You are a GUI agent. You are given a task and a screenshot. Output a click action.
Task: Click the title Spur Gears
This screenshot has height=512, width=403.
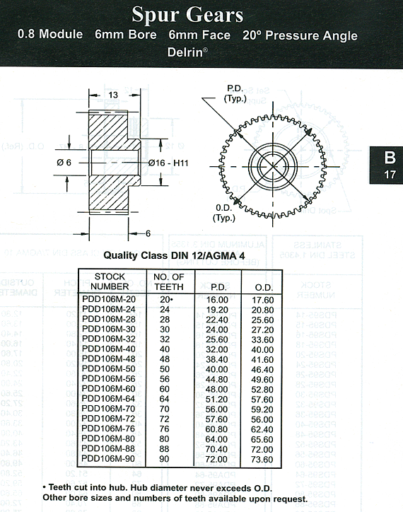click(187, 14)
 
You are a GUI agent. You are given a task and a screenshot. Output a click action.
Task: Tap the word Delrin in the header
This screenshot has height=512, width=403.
click(186, 52)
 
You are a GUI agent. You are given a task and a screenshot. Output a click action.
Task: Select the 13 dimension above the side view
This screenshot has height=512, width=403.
click(113, 95)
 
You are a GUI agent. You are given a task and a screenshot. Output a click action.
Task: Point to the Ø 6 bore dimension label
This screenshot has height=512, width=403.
click(64, 162)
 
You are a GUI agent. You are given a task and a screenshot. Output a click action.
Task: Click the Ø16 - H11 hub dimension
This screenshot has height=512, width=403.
click(168, 163)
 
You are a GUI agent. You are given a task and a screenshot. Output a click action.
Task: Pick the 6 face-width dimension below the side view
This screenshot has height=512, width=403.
click(148, 233)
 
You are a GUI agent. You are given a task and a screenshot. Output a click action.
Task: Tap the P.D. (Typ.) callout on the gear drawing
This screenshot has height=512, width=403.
click(235, 94)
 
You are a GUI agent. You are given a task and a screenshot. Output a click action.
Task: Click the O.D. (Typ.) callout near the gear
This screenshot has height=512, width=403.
click(224, 213)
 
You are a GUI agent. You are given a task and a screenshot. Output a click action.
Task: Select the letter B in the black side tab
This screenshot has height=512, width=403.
click(390, 158)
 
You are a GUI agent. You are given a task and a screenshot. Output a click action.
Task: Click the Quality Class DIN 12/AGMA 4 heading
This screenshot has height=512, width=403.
click(174, 255)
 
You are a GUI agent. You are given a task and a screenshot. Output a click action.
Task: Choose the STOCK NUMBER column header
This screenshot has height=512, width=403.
click(110, 281)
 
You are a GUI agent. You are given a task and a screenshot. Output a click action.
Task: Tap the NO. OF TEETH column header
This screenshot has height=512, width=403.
click(169, 281)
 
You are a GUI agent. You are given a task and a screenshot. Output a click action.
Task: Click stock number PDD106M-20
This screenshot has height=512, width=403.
click(109, 299)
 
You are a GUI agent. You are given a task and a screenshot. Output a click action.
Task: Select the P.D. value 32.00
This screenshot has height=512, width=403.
click(217, 349)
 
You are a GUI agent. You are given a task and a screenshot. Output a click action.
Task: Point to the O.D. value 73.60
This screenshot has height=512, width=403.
click(262, 460)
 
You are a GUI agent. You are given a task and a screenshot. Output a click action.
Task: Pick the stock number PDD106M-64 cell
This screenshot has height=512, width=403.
click(108, 399)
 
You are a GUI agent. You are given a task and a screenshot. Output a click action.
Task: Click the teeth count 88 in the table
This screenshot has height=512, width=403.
click(164, 448)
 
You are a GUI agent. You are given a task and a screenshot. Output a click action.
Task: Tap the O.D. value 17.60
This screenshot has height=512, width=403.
click(262, 300)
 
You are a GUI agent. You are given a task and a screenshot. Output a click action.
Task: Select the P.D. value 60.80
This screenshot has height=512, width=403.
click(216, 429)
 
